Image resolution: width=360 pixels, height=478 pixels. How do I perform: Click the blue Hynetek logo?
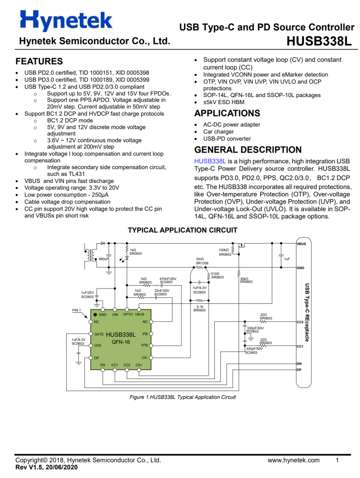(x=66, y=20)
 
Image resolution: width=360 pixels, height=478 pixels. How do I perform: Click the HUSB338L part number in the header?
(x=319, y=41)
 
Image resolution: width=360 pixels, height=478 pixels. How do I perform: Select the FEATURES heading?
(x=39, y=61)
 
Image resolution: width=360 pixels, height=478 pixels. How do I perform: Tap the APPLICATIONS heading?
(x=227, y=113)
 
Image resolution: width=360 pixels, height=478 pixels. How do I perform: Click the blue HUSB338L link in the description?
(x=210, y=161)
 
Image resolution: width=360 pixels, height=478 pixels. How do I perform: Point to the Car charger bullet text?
(x=219, y=132)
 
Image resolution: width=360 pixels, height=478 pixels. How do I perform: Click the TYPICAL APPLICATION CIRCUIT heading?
(x=182, y=230)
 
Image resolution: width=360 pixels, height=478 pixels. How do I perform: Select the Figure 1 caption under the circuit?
(x=183, y=397)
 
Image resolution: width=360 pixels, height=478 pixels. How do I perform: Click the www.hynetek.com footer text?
(x=294, y=460)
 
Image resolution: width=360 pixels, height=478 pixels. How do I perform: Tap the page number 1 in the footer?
(x=337, y=460)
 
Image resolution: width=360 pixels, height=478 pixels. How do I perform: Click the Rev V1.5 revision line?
(x=46, y=467)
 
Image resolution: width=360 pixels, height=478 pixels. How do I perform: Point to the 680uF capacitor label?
(x=104, y=259)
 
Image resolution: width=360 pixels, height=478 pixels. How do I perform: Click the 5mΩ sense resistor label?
(x=200, y=259)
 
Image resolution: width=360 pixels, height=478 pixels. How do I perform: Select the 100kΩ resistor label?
(x=224, y=250)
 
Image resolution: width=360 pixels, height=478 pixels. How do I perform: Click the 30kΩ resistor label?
(x=244, y=279)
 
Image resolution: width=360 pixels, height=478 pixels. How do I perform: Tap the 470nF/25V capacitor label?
(x=168, y=279)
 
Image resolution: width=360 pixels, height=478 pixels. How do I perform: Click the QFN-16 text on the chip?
(x=121, y=342)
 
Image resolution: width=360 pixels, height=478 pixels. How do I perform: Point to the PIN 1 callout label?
(x=77, y=310)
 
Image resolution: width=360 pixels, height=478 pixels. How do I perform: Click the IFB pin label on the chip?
(x=145, y=334)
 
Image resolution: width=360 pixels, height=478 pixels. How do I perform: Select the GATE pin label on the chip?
(x=99, y=334)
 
